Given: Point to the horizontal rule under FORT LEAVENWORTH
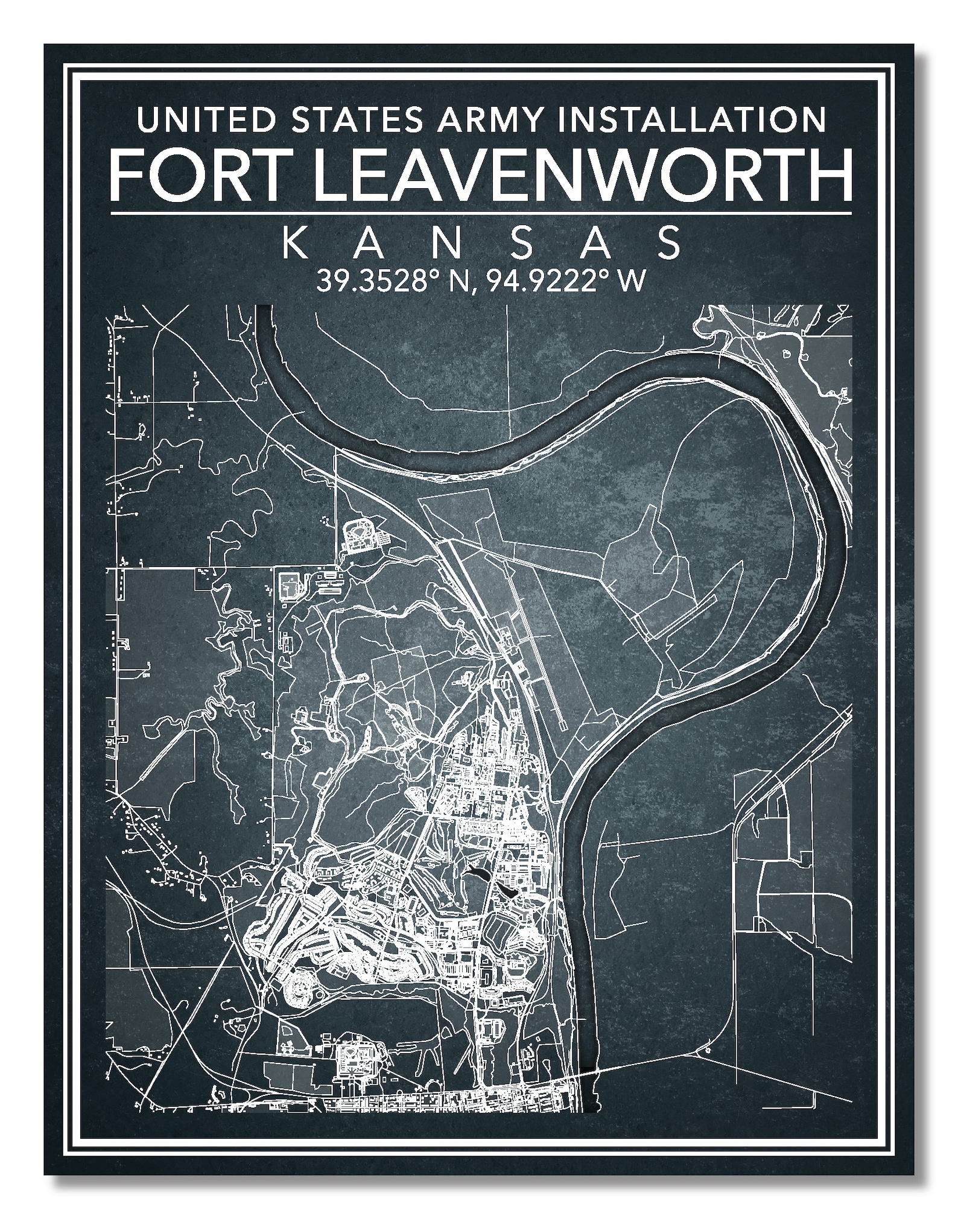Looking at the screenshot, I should [x=481, y=213].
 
